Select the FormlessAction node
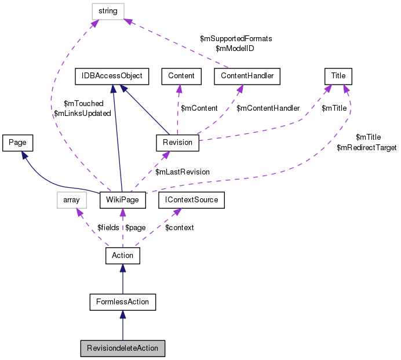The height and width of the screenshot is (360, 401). [122, 301]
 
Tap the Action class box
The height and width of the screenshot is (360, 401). [122, 255]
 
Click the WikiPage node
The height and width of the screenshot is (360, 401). [122, 200]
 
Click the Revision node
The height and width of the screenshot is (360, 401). [178, 142]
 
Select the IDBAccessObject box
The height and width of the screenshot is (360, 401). [112, 75]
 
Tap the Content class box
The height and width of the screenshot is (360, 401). [181, 75]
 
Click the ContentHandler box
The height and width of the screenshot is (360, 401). [247, 75]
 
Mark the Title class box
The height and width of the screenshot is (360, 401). [338, 75]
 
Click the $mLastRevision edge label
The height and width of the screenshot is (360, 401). [183, 172]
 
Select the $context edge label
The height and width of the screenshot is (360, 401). [180, 227]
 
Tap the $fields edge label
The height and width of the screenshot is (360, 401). [108, 227]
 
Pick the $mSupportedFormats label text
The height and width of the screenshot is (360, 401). [236, 38]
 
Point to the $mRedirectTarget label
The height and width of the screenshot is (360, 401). [366, 148]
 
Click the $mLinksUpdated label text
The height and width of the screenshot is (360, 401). [82, 114]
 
